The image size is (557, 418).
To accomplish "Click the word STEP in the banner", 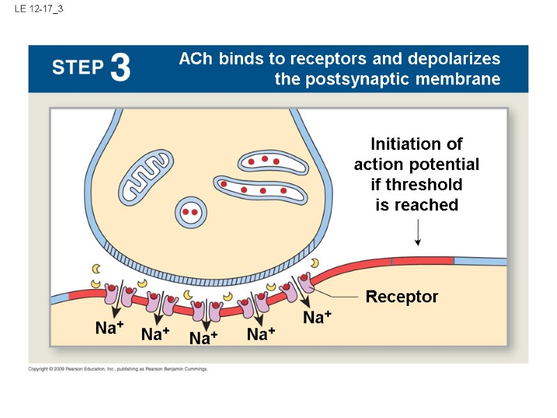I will pyautogui.click(x=77, y=68).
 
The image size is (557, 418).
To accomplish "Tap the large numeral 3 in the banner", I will pyautogui.click(x=119, y=68).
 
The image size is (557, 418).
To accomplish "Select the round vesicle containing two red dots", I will pyautogui.click(x=190, y=211).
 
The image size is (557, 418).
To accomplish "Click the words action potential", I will pyautogui.click(x=416, y=164).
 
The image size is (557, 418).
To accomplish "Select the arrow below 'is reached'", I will pyautogui.click(x=418, y=232).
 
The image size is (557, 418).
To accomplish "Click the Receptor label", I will pyautogui.click(x=402, y=297).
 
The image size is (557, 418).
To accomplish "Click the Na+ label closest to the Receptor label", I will pyautogui.click(x=317, y=318).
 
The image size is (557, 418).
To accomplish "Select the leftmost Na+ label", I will pyautogui.click(x=109, y=328).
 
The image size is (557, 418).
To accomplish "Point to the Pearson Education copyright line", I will pyautogui.click(x=118, y=369).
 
